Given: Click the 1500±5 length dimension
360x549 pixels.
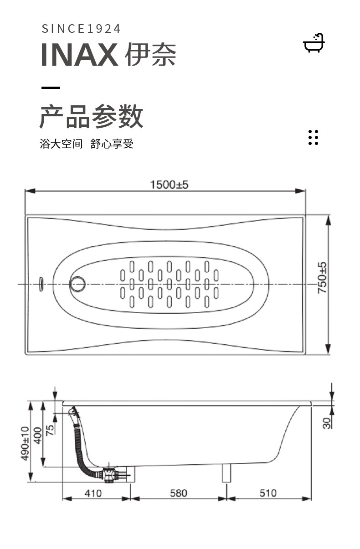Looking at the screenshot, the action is click(x=169, y=185).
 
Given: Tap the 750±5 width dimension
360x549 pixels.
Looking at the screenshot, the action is click(x=322, y=278).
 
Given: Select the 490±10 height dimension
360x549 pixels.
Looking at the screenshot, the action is click(x=25, y=443).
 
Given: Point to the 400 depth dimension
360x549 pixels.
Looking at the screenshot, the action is click(x=38, y=435).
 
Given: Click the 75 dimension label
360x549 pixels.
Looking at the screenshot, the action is click(x=50, y=430).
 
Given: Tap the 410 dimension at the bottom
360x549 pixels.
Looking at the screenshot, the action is click(x=93, y=493).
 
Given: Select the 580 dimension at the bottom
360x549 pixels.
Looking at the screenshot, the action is click(x=179, y=493).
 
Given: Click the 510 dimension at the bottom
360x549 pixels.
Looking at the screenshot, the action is click(x=268, y=493).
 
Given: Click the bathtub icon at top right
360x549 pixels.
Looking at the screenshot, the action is click(x=314, y=43).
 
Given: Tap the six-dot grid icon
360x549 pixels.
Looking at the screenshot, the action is click(x=313, y=138).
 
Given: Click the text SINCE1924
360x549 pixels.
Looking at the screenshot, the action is click(x=81, y=29).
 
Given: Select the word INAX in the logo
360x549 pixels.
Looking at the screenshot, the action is click(x=80, y=54).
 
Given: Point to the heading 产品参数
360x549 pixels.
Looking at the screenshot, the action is click(x=91, y=116).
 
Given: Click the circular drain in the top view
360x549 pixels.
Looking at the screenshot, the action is click(x=77, y=284).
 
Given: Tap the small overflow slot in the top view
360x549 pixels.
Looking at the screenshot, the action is click(x=41, y=284).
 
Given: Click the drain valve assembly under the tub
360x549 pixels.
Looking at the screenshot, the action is click(x=110, y=475).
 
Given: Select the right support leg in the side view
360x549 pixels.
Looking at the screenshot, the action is click(x=226, y=473).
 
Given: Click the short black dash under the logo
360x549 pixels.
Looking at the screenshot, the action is click(x=51, y=88).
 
